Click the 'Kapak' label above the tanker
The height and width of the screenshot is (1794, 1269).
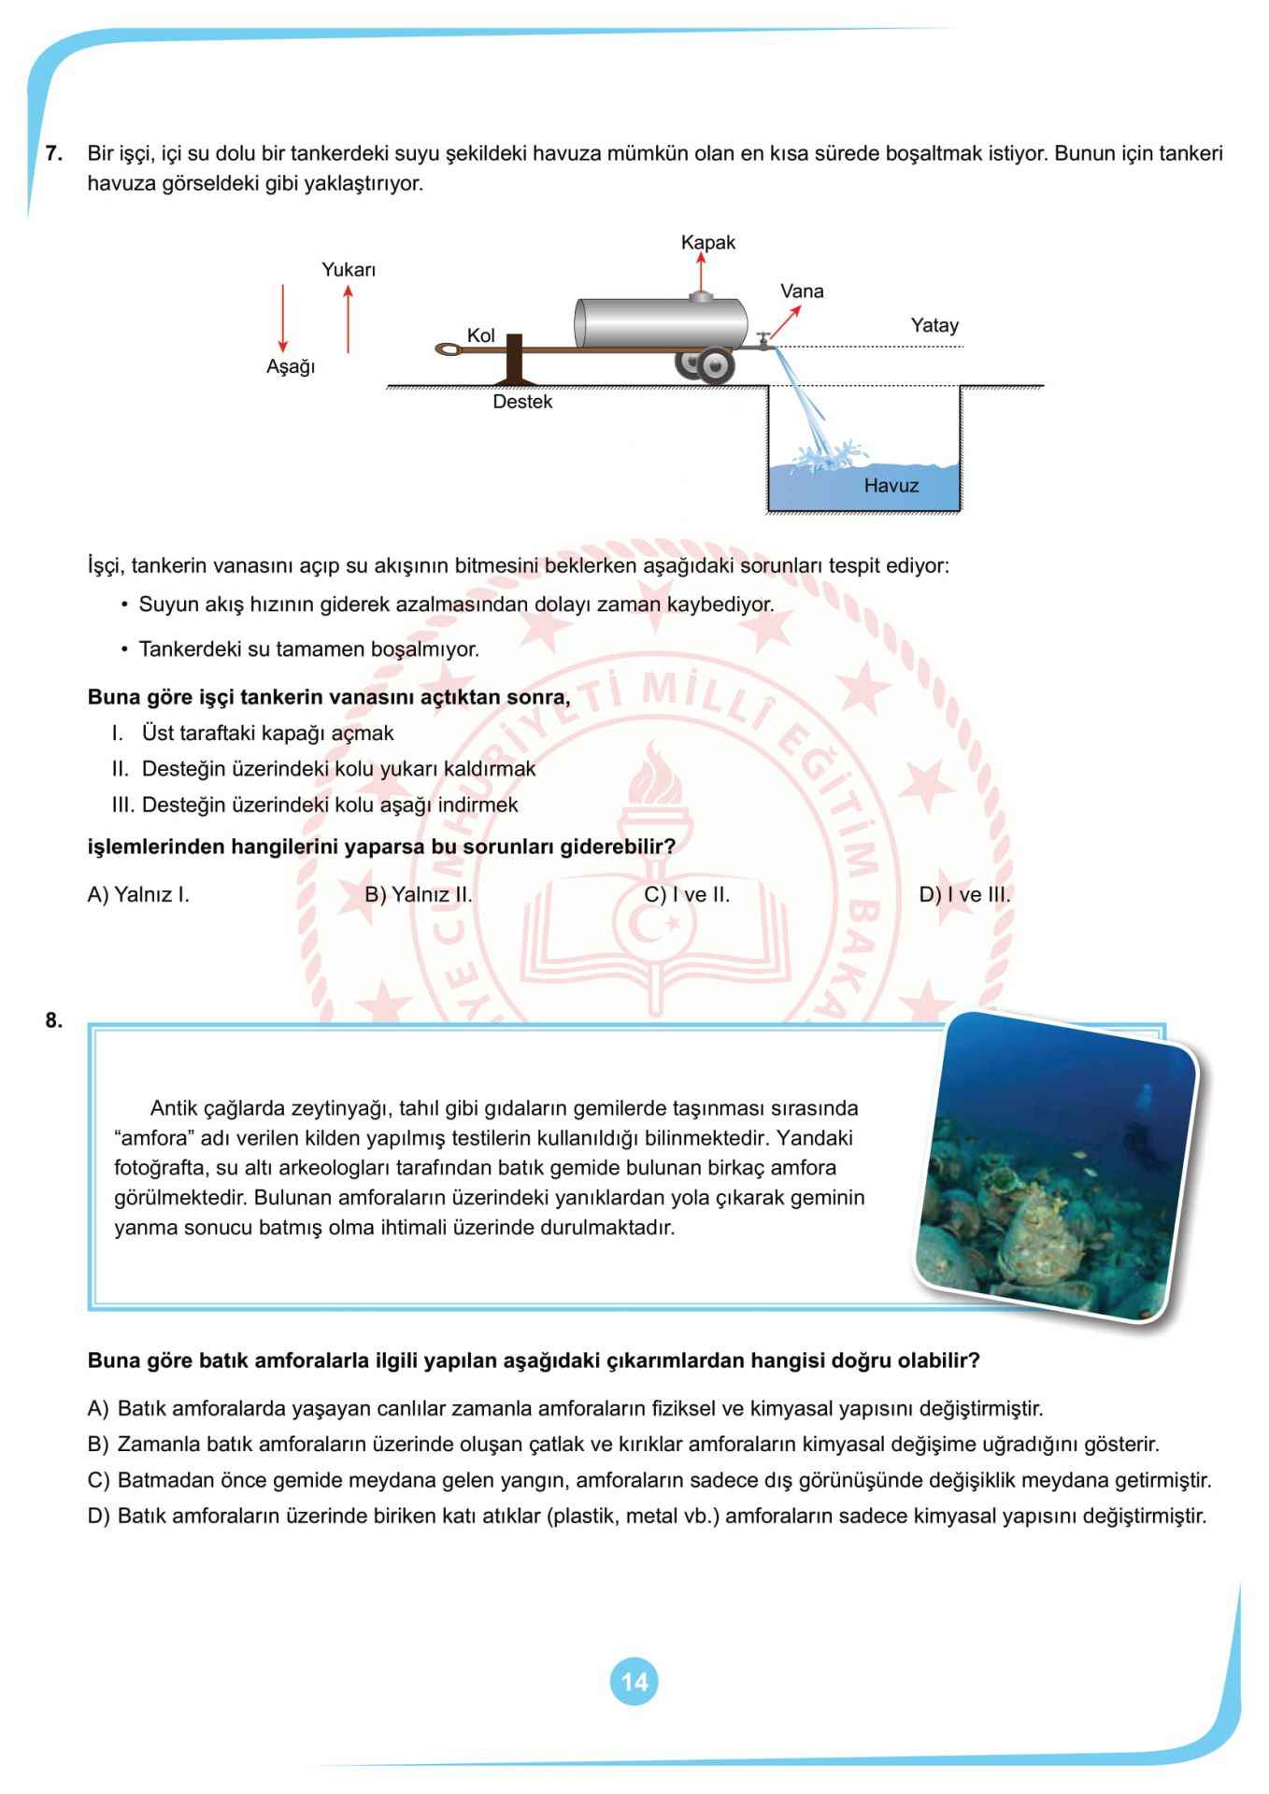point(707,243)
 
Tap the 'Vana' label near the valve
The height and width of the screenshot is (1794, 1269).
point(802,292)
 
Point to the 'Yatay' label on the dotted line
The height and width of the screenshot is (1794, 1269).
point(934,326)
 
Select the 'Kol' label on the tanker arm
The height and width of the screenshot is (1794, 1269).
point(480,336)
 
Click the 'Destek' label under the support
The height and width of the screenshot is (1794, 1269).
point(522,403)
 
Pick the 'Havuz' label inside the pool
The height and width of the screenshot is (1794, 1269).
point(891,486)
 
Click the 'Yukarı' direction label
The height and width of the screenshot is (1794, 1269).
point(349,270)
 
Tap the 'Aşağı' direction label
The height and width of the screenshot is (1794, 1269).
point(291,367)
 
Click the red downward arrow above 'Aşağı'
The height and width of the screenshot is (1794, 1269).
point(283,319)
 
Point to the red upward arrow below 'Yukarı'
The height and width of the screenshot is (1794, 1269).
point(348,319)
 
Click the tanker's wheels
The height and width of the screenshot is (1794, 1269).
point(706,366)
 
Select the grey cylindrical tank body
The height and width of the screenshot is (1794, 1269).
point(660,323)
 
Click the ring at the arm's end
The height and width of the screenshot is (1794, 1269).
point(449,350)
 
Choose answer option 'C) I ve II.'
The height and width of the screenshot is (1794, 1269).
point(686,895)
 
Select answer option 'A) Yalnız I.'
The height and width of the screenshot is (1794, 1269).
point(138,895)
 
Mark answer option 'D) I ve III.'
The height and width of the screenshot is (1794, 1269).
point(964,895)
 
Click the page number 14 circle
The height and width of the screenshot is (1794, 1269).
point(634,1682)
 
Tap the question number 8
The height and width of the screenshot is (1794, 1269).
point(54,1020)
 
